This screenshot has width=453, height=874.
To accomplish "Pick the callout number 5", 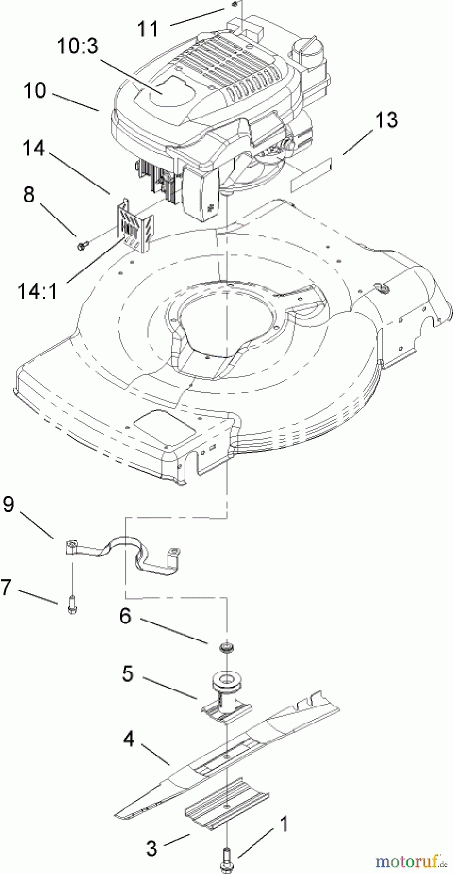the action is (127, 673).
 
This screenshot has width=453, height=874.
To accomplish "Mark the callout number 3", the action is (152, 848).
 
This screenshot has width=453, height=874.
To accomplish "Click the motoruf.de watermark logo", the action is (412, 861).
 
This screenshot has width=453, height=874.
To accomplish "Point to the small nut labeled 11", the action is (235, 4).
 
